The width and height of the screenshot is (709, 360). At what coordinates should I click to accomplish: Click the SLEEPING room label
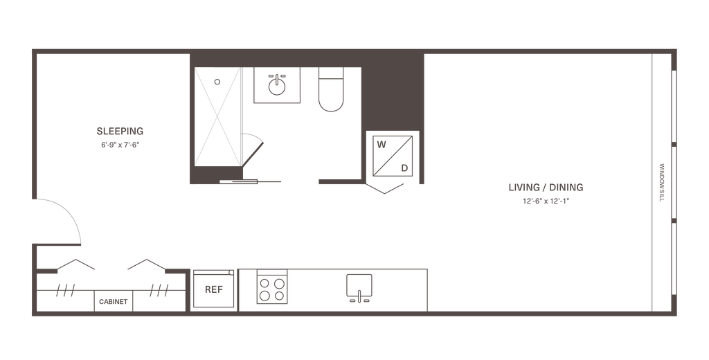pyautogui.click(x=120, y=131)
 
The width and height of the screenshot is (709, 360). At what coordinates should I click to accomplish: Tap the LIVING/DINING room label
pyautogui.click(x=546, y=187)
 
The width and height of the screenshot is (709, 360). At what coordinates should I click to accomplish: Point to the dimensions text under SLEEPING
pyautogui.click(x=120, y=145)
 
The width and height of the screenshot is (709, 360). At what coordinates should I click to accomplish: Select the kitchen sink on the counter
pyautogui.click(x=359, y=287)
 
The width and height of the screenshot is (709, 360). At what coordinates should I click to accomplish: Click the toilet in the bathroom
pyautogui.click(x=332, y=92)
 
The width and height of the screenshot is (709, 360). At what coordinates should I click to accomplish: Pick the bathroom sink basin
pyautogui.click(x=276, y=85)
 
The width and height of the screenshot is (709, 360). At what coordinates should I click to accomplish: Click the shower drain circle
pyautogui.click(x=216, y=82)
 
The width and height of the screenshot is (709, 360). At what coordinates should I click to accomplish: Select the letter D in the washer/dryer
pyautogui.click(x=406, y=167)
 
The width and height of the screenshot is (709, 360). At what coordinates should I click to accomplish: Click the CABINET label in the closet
pyautogui.click(x=113, y=301)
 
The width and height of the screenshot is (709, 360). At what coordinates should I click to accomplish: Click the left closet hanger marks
pyautogui.click(x=66, y=289)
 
